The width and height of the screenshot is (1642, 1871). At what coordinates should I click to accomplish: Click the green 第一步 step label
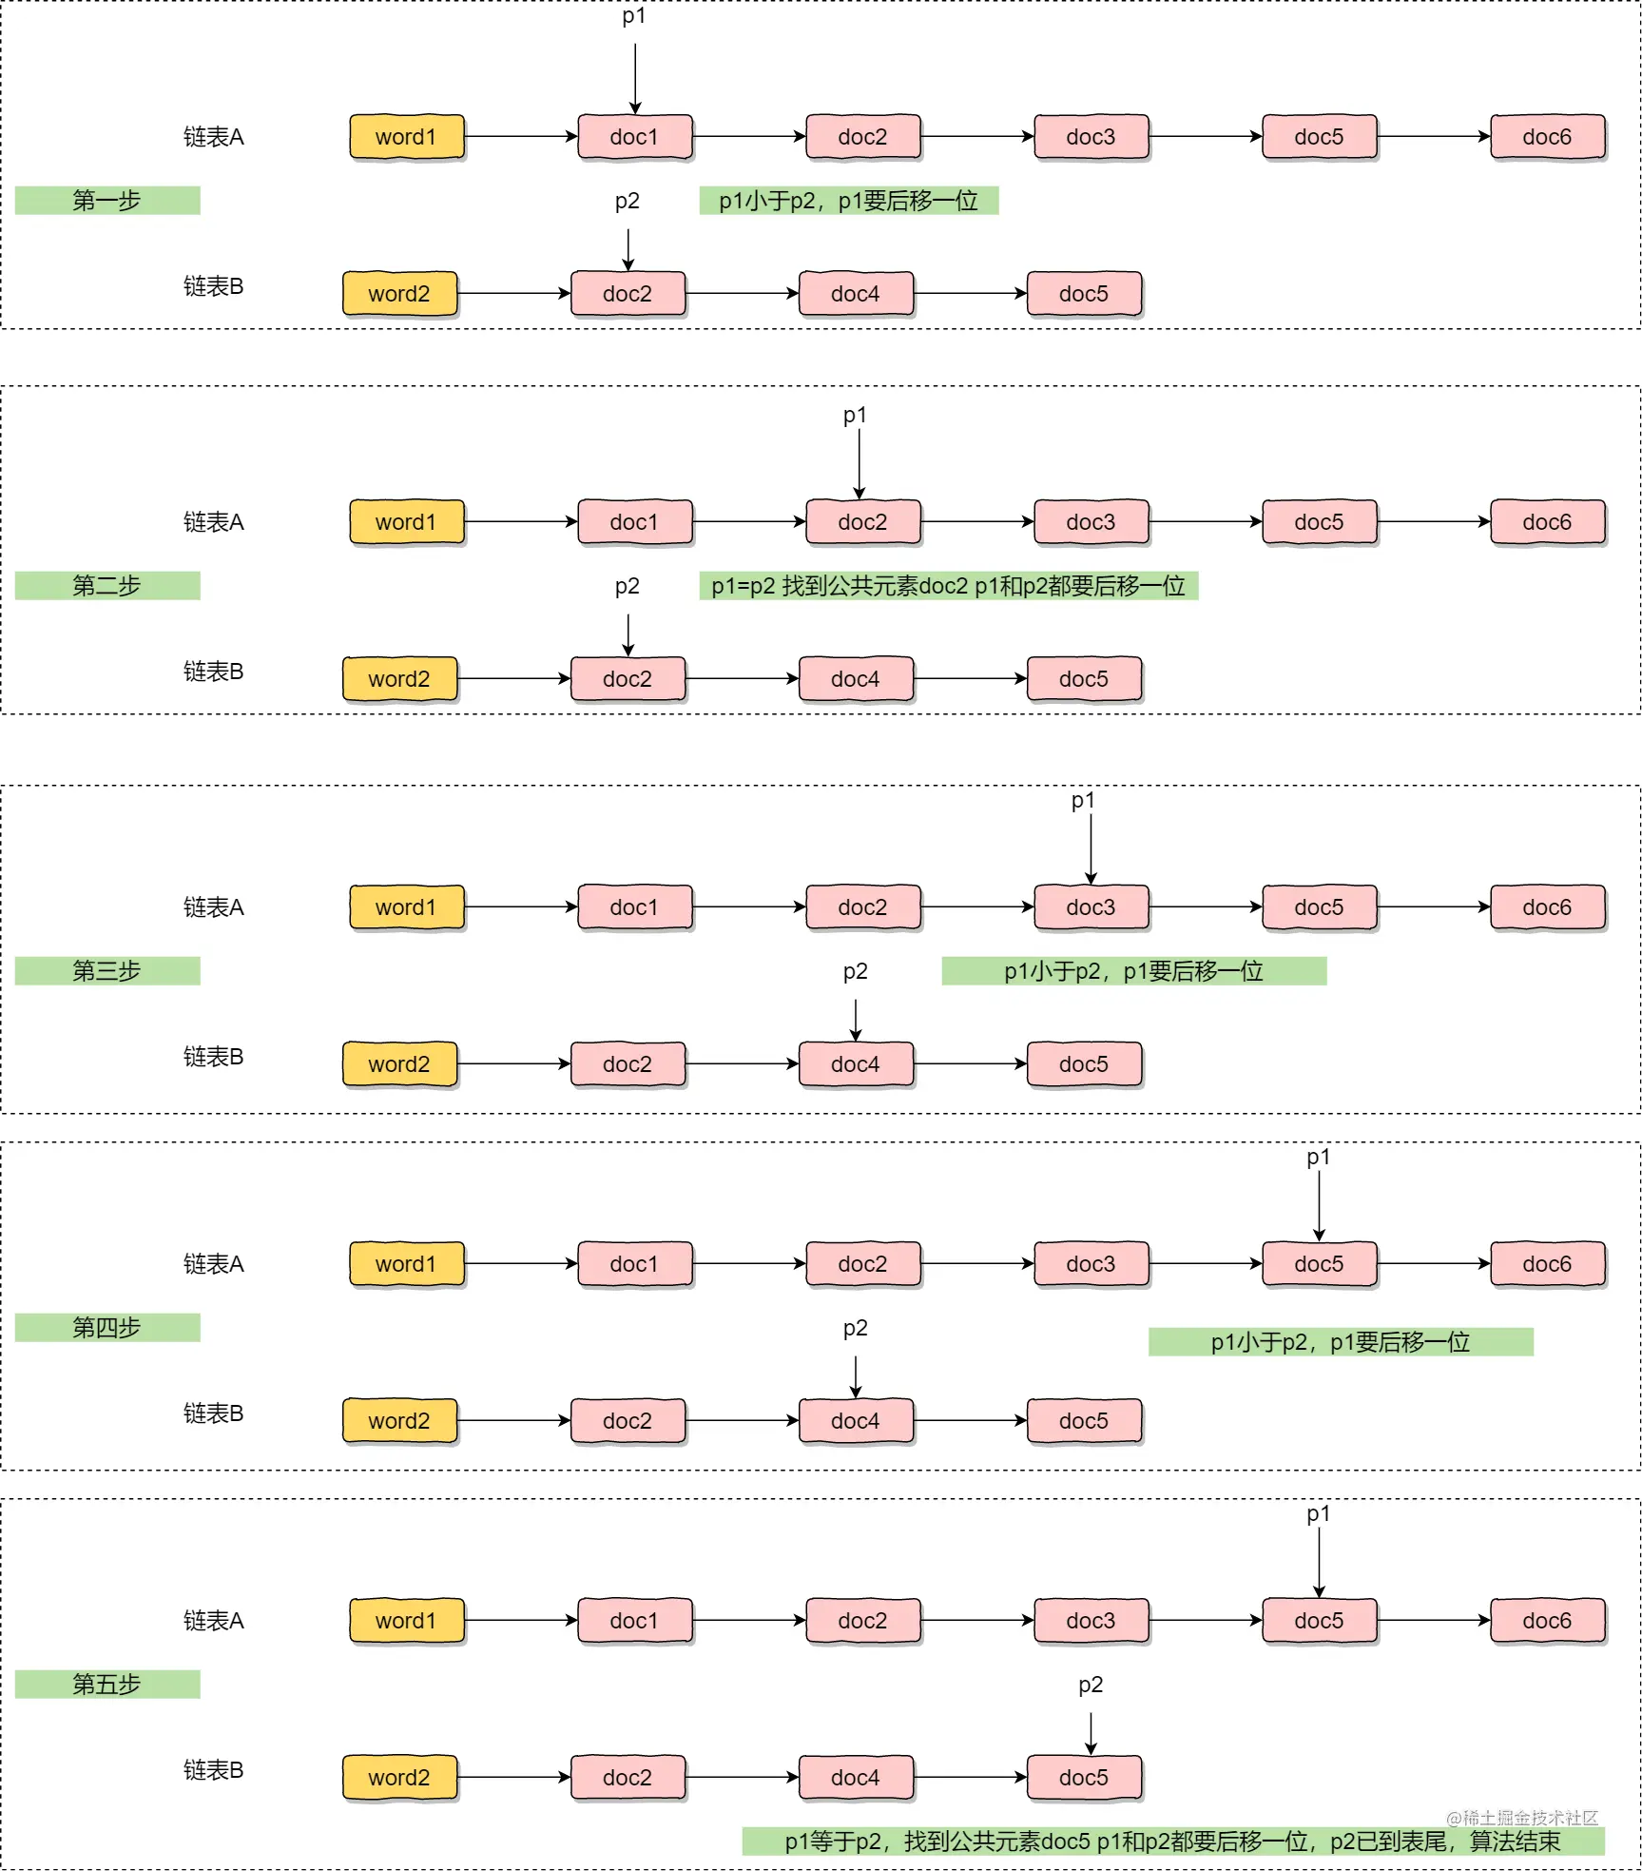point(107,201)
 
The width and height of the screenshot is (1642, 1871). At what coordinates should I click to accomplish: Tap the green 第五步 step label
point(107,1685)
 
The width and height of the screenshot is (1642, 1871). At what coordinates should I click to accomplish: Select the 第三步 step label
point(107,971)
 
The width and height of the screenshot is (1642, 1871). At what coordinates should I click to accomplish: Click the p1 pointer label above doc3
point(1083,801)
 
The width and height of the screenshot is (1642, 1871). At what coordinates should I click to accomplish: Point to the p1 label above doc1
point(634,16)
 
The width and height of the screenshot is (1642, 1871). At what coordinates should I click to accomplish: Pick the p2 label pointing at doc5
point(1091,1685)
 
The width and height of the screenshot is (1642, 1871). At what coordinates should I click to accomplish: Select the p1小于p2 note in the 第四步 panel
point(1341,1342)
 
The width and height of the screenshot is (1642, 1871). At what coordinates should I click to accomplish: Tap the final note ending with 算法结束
point(1173,1842)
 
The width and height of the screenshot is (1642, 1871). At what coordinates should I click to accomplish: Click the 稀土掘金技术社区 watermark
point(1522,1818)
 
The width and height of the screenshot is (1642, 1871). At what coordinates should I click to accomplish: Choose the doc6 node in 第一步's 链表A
point(1548,137)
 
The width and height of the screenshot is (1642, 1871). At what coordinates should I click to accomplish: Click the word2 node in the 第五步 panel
point(400,1778)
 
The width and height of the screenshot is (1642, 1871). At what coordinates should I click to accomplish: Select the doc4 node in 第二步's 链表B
point(857,679)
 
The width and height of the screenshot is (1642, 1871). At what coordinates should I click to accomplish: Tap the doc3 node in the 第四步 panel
point(1091,1264)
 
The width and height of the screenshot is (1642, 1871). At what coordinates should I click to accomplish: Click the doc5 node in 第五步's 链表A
point(1320,1621)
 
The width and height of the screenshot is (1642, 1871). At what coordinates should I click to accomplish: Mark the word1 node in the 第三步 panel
point(407,907)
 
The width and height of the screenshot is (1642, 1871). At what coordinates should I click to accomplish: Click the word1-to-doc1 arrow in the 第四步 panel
point(521,1264)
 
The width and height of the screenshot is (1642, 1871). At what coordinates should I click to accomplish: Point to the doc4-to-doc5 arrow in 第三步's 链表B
point(971,1064)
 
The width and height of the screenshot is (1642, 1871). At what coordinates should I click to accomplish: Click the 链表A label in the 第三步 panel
point(214,907)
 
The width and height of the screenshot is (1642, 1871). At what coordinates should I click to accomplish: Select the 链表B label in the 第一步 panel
point(214,286)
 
